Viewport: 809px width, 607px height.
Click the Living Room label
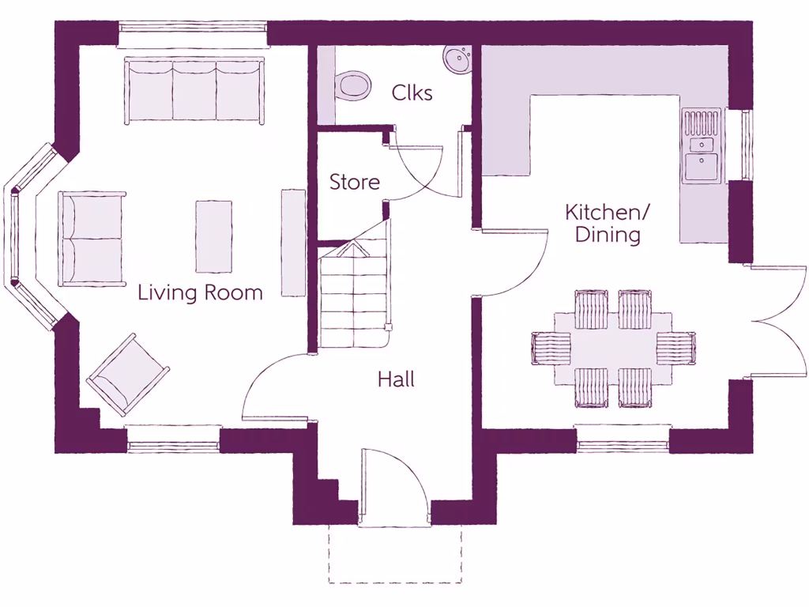(x=200, y=292)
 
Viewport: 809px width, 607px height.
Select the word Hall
(x=396, y=379)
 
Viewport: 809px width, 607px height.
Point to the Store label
(x=354, y=182)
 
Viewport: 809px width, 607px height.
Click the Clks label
(x=412, y=93)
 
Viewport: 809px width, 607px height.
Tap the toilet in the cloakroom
(x=352, y=85)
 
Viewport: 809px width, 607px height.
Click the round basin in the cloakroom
(x=456, y=58)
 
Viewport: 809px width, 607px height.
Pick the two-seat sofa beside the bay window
(x=92, y=238)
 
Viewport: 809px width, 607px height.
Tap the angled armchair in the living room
(x=127, y=375)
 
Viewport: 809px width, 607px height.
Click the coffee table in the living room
(x=213, y=236)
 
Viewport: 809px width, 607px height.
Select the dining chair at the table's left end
(x=551, y=348)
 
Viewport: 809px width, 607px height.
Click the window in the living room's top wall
(x=194, y=33)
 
